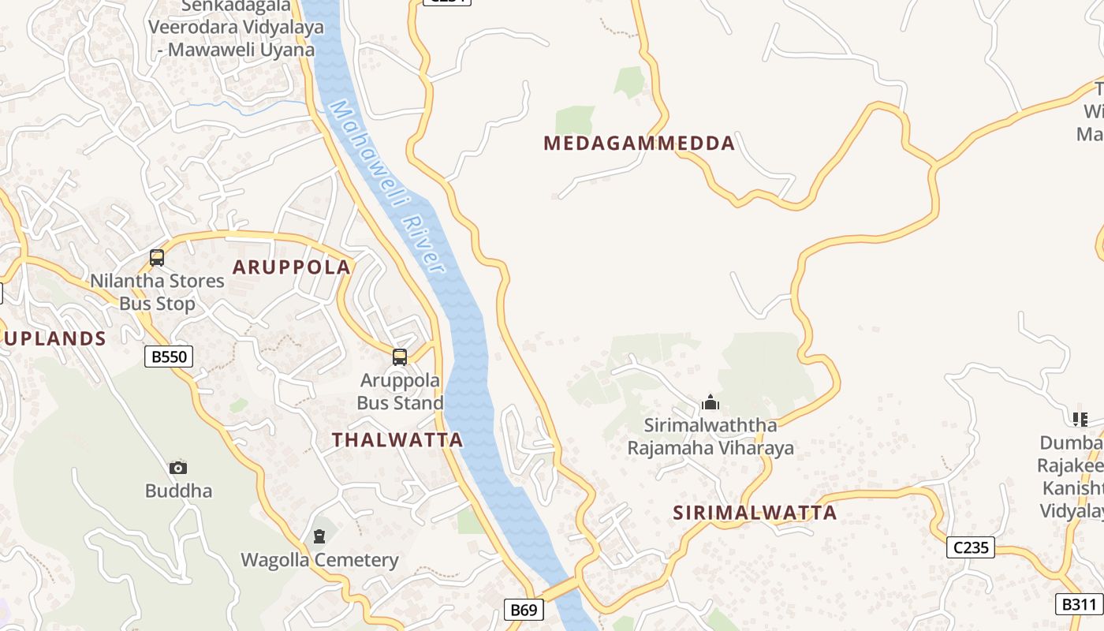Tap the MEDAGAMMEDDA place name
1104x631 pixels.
(x=639, y=144)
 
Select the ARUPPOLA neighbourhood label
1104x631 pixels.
(x=291, y=267)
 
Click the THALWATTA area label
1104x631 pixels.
(x=397, y=440)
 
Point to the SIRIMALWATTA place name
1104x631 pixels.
(x=755, y=513)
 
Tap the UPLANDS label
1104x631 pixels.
(x=55, y=338)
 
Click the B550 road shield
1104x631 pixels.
(x=170, y=357)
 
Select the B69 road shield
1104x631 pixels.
(x=524, y=609)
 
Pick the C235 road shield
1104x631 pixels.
(x=970, y=547)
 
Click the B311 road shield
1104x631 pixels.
(x=1079, y=604)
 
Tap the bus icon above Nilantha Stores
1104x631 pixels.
(x=157, y=258)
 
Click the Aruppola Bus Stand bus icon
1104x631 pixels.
(x=400, y=357)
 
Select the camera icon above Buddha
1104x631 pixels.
(x=178, y=468)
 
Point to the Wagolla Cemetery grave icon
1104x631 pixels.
(x=319, y=537)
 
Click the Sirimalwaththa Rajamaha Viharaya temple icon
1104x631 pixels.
(x=710, y=403)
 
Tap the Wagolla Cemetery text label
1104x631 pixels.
(x=319, y=561)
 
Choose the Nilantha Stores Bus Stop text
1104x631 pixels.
(x=157, y=292)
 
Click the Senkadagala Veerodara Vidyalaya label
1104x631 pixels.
(x=237, y=28)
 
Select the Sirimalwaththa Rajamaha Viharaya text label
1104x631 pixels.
(x=710, y=437)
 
